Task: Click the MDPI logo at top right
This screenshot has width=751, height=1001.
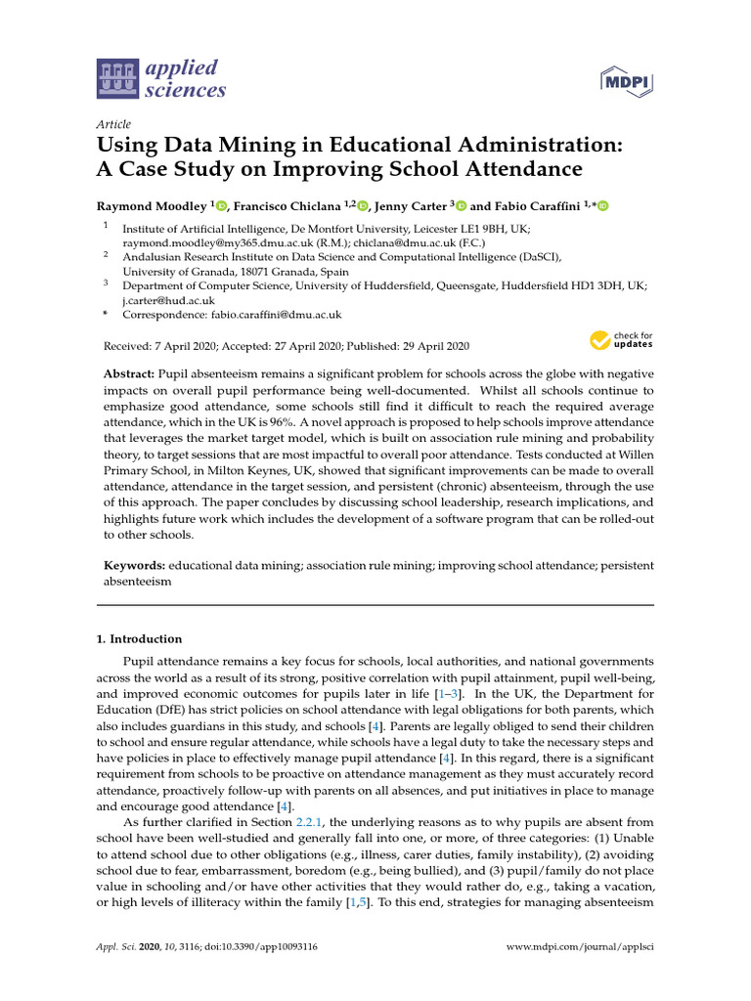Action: pyautogui.click(x=625, y=79)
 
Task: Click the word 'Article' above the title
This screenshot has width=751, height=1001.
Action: pyautogui.click(x=114, y=125)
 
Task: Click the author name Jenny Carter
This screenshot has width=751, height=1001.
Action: pyautogui.click(x=412, y=206)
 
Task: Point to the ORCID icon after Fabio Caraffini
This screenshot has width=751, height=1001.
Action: pyautogui.click(x=602, y=206)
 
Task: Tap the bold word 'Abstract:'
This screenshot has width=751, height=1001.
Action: pyautogui.click(x=130, y=375)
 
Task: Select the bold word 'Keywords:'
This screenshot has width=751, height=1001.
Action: pyautogui.click(x=135, y=565)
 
